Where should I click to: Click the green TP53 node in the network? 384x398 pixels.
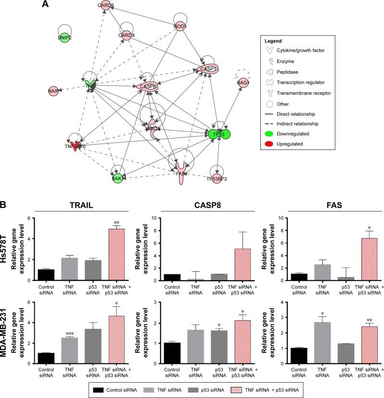point(219,135)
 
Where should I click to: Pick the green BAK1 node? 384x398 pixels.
point(117,178)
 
